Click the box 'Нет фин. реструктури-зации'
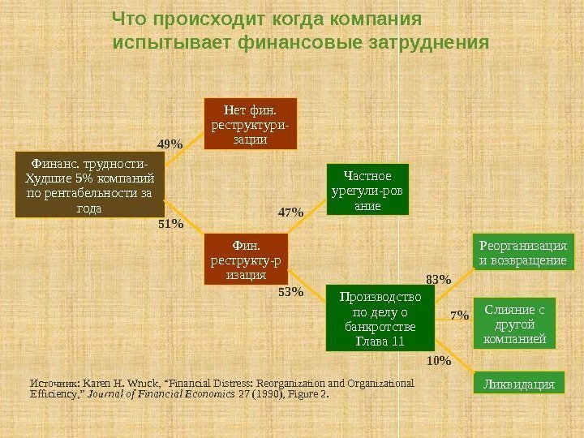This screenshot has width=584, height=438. click(251, 123)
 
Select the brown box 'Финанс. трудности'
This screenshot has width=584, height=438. click(89, 186)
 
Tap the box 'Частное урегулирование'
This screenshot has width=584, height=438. click(367, 191)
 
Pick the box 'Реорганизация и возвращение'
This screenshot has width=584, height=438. click(523, 252)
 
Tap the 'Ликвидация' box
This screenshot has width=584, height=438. click(517, 381)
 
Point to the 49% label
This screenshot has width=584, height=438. click(170, 144)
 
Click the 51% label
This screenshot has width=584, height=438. click(170, 222)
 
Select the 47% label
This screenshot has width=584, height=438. click(290, 213)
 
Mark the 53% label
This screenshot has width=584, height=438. click(290, 291)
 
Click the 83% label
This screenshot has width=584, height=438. click(438, 279)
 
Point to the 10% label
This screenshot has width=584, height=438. click(438, 359)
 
